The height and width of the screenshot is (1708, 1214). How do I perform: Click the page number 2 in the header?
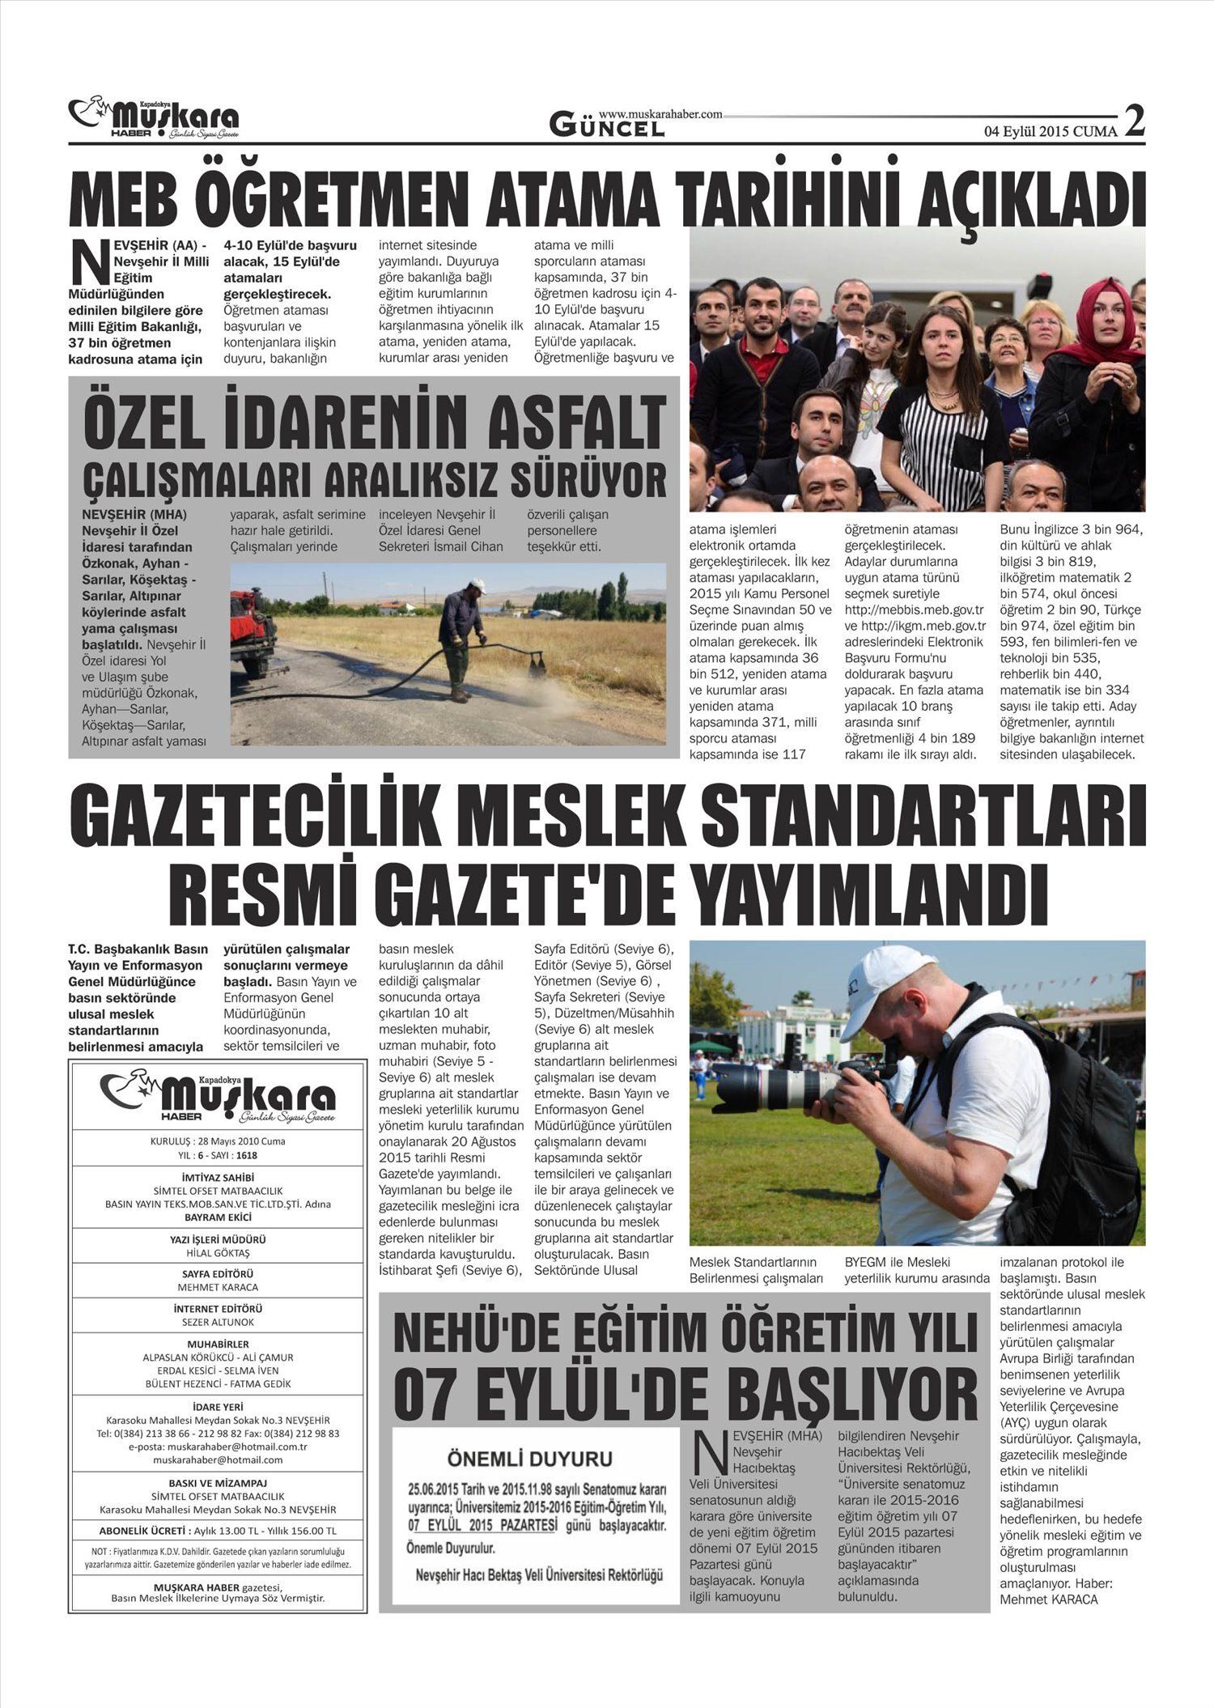point(1135,121)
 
